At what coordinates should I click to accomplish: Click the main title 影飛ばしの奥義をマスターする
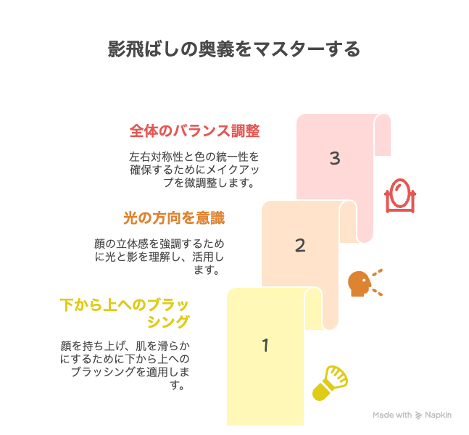(x=234, y=49)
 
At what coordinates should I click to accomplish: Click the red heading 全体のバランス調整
(x=195, y=131)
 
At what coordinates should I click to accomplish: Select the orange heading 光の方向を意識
(x=174, y=217)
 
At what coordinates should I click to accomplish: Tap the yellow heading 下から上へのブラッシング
(x=125, y=313)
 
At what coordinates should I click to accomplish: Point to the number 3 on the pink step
(x=335, y=158)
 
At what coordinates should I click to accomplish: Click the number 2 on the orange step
(x=300, y=245)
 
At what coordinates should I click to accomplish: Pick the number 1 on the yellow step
(x=265, y=345)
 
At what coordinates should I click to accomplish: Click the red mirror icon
(x=400, y=196)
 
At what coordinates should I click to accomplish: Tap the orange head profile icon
(x=365, y=283)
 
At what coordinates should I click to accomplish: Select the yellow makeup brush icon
(x=330, y=383)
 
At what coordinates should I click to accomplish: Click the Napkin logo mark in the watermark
(x=418, y=415)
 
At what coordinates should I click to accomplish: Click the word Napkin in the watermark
(x=438, y=415)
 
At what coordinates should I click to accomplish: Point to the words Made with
(x=392, y=415)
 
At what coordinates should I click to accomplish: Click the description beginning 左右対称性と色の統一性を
(x=194, y=170)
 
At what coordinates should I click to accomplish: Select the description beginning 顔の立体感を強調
(x=159, y=257)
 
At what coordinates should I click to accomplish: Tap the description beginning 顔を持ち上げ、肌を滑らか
(x=125, y=365)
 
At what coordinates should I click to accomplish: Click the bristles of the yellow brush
(x=336, y=376)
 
